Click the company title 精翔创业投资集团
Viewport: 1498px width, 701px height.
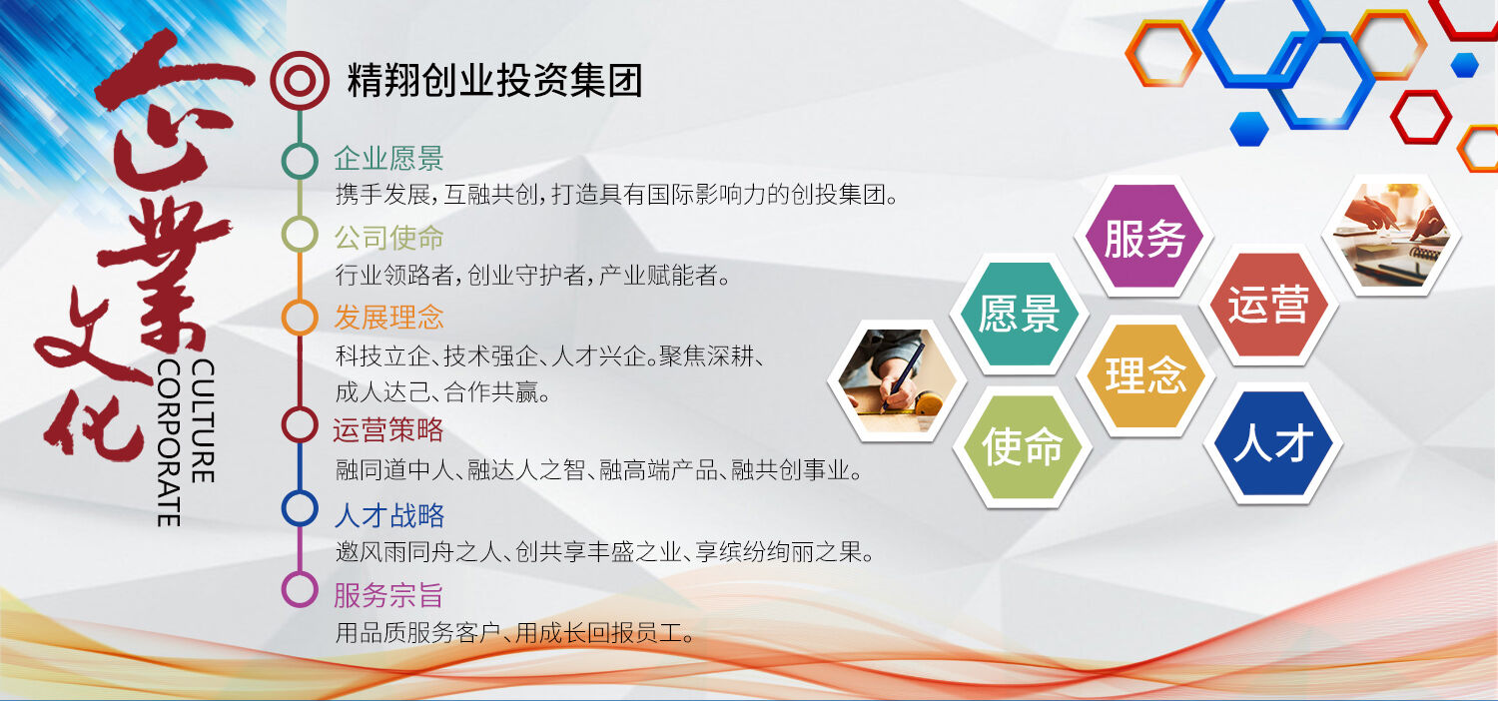(x=495, y=81)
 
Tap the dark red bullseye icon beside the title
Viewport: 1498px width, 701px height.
(x=300, y=81)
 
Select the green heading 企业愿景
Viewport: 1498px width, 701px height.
(x=388, y=159)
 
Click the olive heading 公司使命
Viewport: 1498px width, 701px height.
(x=388, y=238)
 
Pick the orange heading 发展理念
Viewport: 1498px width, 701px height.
(x=388, y=318)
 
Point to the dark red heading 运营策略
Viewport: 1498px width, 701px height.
(x=388, y=429)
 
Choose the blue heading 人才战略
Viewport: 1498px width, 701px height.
(x=389, y=515)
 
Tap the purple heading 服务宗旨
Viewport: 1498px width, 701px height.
(x=388, y=594)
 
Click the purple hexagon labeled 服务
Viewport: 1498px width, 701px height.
(x=1143, y=237)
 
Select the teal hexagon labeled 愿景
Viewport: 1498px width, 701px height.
(x=1019, y=314)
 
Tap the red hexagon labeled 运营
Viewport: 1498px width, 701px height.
(x=1268, y=305)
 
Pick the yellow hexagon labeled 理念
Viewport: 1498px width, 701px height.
(x=1145, y=375)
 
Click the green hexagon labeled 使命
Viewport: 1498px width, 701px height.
(x=1022, y=446)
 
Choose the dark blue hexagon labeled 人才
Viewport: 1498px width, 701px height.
(x=1272, y=443)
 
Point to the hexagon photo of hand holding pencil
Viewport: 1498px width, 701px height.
(x=897, y=380)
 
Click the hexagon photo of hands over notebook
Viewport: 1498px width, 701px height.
(x=1392, y=235)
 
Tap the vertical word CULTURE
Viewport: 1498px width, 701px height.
(x=203, y=420)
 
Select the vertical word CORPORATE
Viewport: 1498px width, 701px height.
(x=169, y=443)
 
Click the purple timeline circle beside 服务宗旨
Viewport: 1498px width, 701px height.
(x=300, y=589)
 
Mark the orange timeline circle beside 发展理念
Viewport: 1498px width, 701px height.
(x=300, y=318)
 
